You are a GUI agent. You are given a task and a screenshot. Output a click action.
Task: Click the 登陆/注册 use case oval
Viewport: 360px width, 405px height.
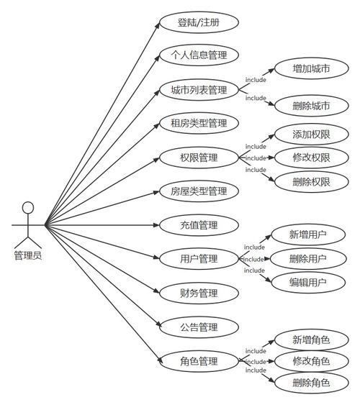click(x=199, y=22)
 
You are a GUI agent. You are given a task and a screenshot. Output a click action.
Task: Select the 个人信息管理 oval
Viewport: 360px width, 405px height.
click(x=199, y=55)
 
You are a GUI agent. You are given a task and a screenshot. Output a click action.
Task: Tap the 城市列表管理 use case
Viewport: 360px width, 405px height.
click(x=199, y=90)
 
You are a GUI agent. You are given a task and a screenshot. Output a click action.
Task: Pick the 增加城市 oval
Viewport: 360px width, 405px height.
click(x=312, y=68)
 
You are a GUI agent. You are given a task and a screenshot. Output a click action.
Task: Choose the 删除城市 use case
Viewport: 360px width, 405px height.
click(x=312, y=106)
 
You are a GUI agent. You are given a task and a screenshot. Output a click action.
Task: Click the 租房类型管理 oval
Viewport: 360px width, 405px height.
click(x=199, y=123)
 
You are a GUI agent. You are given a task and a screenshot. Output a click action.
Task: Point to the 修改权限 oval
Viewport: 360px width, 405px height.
click(x=312, y=158)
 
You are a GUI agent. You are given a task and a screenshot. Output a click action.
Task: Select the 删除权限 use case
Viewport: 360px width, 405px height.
click(x=312, y=182)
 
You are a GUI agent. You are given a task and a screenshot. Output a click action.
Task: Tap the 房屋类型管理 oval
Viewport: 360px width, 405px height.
click(x=199, y=191)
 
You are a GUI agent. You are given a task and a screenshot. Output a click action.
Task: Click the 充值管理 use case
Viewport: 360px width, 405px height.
click(x=199, y=225)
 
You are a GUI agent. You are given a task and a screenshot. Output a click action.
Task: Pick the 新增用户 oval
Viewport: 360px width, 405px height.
click(x=308, y=235)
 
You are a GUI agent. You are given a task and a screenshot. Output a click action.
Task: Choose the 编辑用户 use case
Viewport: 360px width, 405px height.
click(x=308, y=282)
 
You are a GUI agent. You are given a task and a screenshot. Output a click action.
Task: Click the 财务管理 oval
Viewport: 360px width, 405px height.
click(x=199, y=293)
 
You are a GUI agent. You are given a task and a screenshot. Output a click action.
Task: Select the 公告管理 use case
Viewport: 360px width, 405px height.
click(x=199, y=327)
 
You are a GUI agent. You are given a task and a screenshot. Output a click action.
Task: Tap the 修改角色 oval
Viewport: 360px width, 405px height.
click(x=312, y=361)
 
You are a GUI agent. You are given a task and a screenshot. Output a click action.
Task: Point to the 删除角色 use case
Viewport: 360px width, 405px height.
click(x=312, y=383)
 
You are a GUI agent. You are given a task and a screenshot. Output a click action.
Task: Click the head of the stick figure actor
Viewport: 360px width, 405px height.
click(x=28, y=208)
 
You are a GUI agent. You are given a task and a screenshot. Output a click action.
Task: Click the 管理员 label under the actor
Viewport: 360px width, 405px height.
click(x=28, y=255)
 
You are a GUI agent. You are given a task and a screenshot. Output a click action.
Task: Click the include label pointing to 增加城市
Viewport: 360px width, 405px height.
click(x=256, y=80)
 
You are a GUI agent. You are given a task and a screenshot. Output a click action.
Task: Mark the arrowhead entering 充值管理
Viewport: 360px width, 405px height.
click(x=156, y=225)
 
